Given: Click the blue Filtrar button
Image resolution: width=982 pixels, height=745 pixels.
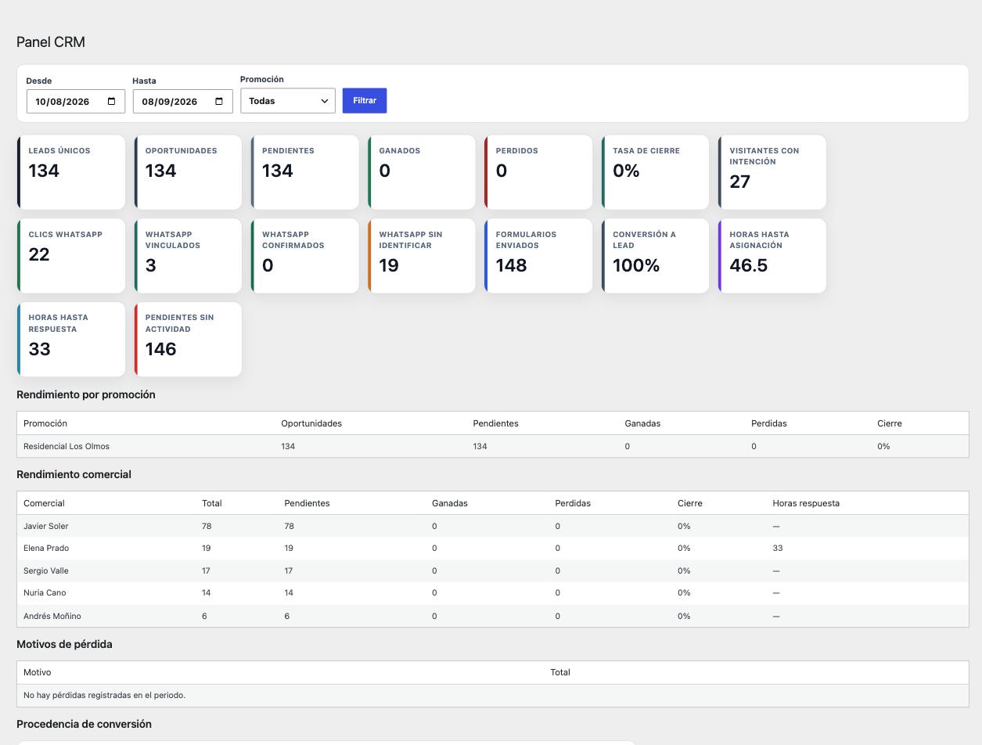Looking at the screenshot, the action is click(x=364, y=100).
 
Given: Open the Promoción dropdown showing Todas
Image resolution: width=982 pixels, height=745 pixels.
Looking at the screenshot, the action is click(x=288, y=101).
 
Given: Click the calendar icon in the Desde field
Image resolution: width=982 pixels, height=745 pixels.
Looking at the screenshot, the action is click(x=111, y=101).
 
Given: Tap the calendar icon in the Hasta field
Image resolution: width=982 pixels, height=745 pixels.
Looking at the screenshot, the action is click(x=219, y=101).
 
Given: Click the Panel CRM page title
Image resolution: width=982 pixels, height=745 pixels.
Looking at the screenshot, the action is click(x=51, y=41).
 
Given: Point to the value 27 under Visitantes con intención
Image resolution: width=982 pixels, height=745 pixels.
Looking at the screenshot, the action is click(x=739, y=182).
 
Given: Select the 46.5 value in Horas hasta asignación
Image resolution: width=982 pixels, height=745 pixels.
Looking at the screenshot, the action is click(x=748, y=265).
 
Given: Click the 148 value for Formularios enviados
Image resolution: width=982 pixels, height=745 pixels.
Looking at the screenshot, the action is click(x=511, y=265).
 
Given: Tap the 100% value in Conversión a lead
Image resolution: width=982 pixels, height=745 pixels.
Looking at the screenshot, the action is click(x=635, y=265).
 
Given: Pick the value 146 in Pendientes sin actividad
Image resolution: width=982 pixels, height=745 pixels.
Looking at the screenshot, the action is click(x=160, y=348).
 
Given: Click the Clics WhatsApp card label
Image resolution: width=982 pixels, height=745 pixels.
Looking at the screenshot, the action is click(x=65, y=234).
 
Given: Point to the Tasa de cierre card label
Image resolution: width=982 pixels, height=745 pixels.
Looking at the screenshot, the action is click(x=646, y=150).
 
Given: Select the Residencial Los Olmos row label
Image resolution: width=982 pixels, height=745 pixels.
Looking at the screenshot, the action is click(x=67, y=446).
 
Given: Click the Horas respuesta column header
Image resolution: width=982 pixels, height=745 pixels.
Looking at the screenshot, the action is click(x=806, y=503).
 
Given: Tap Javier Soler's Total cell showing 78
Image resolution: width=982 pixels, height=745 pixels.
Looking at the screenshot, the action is click(x=207, y=526).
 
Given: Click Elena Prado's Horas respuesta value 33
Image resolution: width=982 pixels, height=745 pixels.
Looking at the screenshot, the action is click(x=778, y=548).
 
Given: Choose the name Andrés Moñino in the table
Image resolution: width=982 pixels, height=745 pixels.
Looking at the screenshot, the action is click(x=52, y=616).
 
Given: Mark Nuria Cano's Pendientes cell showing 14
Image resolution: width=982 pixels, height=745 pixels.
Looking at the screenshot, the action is click(x=289, y=592).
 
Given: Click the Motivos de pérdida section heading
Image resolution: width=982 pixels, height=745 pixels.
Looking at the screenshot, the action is click(x=64, y=644).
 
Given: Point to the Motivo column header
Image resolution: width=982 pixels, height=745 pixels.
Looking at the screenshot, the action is click(x=37, y=672).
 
